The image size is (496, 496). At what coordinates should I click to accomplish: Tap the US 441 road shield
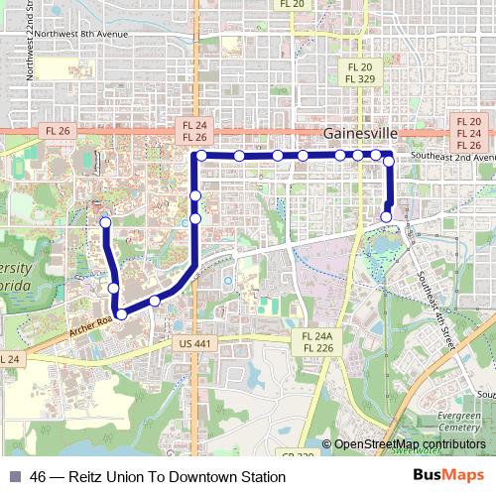198,343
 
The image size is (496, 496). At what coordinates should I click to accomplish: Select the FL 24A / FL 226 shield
317,342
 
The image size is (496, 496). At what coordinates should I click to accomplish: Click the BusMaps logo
448,476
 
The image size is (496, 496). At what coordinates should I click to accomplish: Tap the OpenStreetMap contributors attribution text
410,444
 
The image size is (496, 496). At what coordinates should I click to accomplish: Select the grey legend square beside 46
14,477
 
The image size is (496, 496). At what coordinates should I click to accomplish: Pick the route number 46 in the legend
39,477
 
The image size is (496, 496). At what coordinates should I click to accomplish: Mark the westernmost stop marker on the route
104,224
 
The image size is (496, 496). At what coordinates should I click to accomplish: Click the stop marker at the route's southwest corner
121,313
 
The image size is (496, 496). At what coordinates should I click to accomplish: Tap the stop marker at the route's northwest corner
201,156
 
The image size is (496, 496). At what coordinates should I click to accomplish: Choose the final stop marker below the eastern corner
386,216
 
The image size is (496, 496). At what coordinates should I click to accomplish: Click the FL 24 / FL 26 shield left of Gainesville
193,130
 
